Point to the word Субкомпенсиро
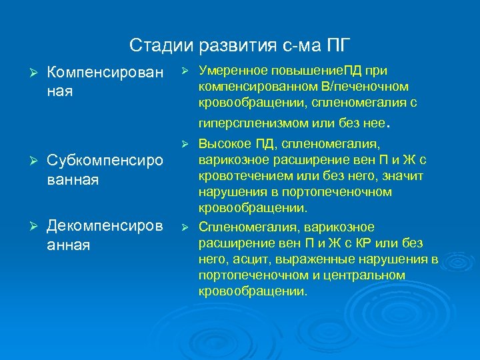[x=105, y=162]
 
